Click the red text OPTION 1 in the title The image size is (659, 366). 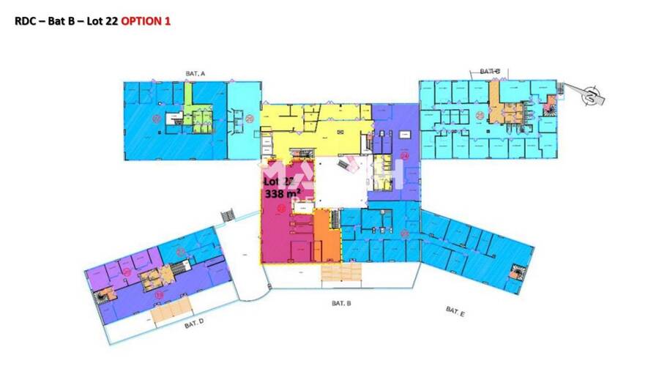[x=146, y=21]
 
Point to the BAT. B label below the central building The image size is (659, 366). [x=342, y=302]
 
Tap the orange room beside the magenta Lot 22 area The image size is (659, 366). [x=327, y=236]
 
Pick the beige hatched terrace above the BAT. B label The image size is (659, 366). [x=341, y=272]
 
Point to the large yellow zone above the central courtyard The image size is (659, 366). [x=315, y=132]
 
